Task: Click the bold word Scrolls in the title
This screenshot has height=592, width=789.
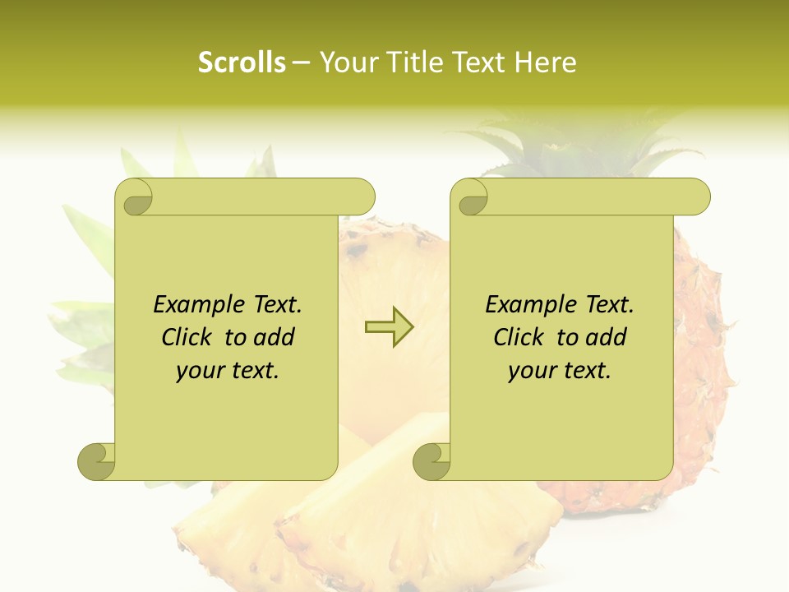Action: [x=242, y=62]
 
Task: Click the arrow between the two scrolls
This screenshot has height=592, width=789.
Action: [x=389, y=326]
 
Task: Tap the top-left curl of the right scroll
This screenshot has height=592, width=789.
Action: [x=471, y=198]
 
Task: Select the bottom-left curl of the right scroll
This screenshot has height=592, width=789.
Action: [x=432, y=461]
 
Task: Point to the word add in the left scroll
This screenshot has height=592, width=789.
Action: [x=275, y=337]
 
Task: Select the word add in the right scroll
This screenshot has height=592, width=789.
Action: [x=607, y=337]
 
